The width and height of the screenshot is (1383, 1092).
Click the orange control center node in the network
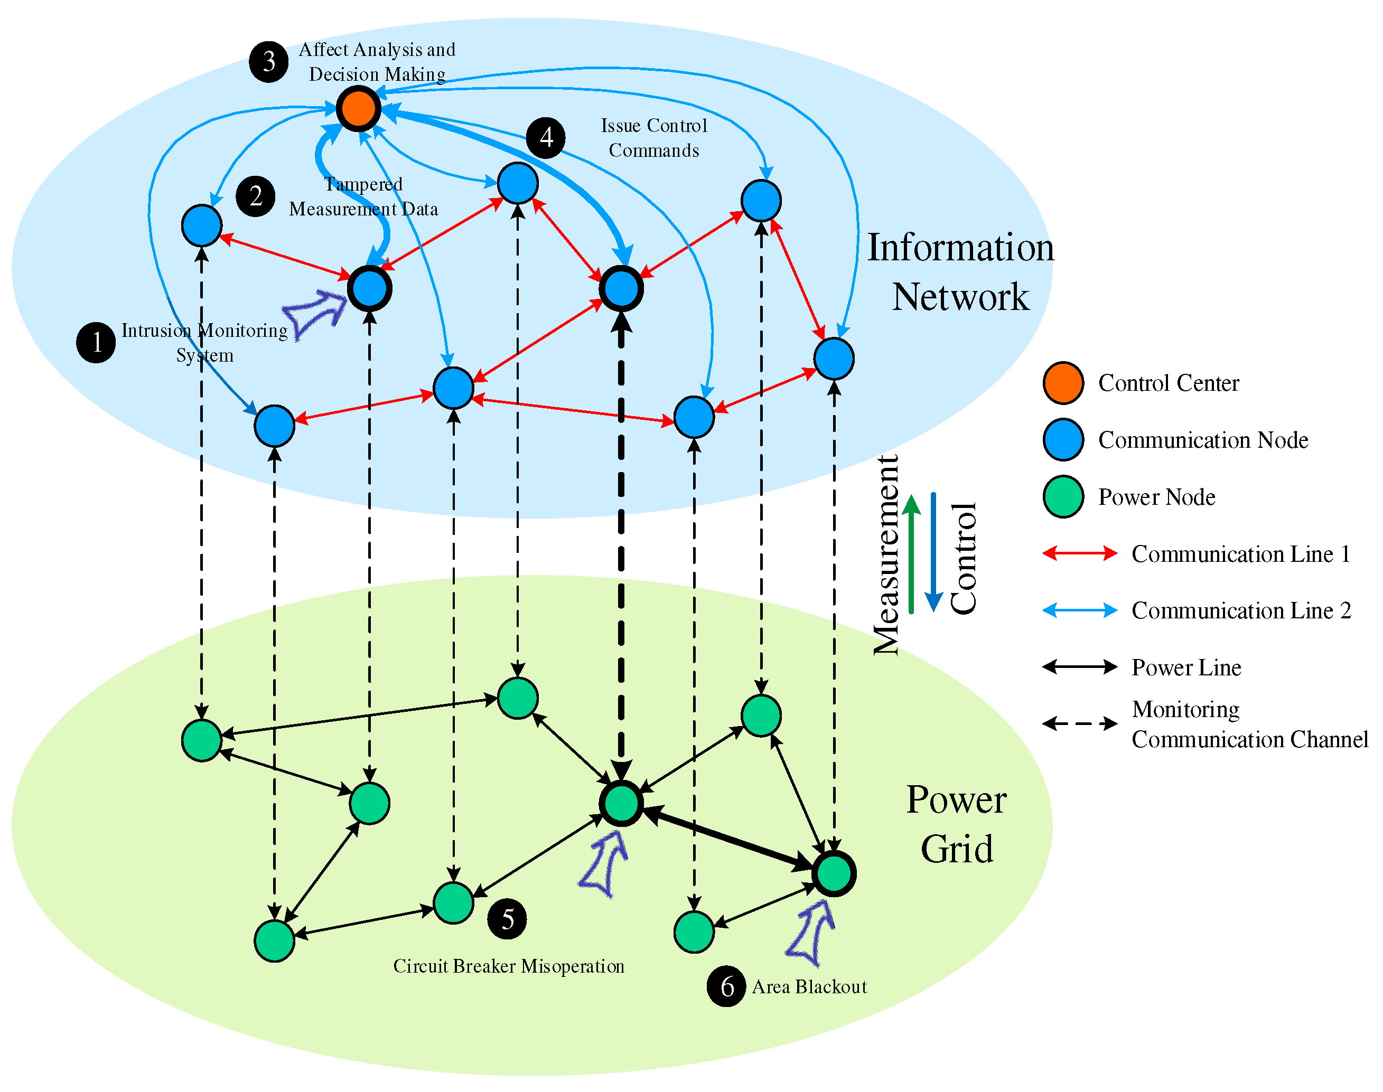358,109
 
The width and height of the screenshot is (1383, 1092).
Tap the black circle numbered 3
269,62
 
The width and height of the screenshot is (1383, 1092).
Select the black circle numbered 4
546,137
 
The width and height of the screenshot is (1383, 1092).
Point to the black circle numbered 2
255,196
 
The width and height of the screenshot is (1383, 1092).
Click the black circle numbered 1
96,343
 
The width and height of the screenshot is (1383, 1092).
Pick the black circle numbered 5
507,919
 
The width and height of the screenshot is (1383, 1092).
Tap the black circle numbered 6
726,986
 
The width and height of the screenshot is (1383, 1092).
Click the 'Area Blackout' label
809,986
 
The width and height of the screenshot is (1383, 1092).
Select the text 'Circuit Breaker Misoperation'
509,966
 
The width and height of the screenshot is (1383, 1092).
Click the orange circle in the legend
1063,383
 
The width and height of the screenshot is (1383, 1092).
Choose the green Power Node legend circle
1063,497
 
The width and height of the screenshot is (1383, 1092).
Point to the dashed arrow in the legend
1080,724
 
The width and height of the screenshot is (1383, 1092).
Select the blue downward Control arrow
934,553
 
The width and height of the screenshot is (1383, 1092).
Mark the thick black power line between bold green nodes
727,838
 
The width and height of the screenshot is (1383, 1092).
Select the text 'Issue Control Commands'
654,137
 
